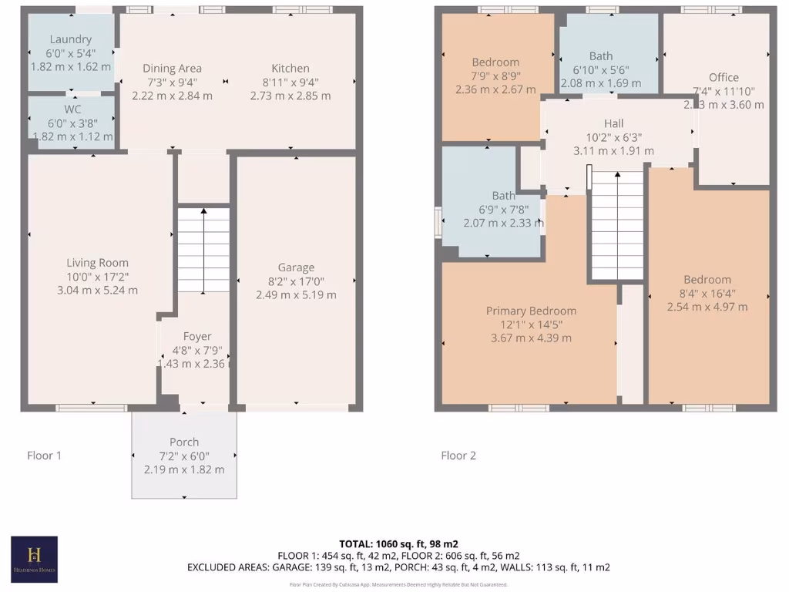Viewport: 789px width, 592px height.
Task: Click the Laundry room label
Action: [x=71, y=39]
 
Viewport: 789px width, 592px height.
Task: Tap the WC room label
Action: [x=72, y=109]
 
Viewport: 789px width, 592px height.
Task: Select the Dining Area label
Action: [x=172, y=69]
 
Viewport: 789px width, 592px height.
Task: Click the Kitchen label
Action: [x=290, y=69]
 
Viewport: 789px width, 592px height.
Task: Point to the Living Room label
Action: [x=97, y=263]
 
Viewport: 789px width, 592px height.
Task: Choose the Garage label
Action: [x=296, y=267]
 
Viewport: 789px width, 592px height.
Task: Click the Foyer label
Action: [x=196, y=336]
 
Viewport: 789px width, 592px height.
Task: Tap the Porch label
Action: [x=184, y=442]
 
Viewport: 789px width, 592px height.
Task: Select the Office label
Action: [x=724, y=77]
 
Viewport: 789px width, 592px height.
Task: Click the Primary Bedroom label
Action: [x=531, y=311]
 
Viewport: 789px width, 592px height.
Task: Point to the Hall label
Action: [x=614, y=123]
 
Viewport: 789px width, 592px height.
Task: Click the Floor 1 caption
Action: [x=45, y=456]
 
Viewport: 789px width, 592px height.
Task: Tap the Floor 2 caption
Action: [x=458, y=456]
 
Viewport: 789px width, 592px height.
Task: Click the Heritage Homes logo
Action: [x=34, y=559]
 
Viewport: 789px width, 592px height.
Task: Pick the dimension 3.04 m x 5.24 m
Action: [x=97, y=290]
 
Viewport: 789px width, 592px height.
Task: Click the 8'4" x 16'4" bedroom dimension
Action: [x=707, y=293]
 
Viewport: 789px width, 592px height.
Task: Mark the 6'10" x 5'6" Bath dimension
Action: [x=601, y=69]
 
